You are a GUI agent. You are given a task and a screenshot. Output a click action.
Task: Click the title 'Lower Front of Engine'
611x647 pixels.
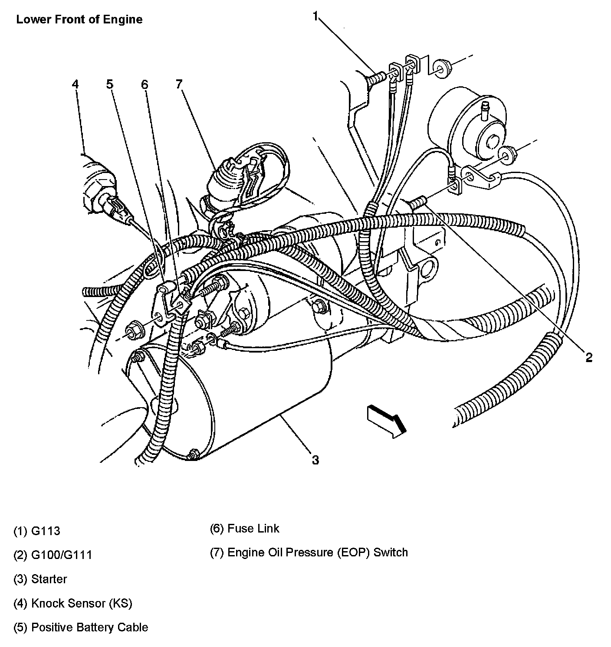tap(79, 20)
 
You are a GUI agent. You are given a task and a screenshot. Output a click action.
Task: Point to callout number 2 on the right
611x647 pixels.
tap(588, 357)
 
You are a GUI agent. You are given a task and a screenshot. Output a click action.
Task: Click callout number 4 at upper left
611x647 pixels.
tap(76, 84)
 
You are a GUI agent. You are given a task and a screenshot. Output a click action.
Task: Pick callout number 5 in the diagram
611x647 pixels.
tap(110, 84)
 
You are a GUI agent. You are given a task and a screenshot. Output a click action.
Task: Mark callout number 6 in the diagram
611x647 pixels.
tap(145, 84)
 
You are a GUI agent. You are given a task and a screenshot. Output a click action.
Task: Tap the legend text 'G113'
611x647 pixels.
tap(46, 531)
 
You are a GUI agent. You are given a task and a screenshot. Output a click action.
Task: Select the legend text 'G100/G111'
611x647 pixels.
tap(62, 555)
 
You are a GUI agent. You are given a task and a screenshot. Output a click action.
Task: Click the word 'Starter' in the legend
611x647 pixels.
tap(49, 579)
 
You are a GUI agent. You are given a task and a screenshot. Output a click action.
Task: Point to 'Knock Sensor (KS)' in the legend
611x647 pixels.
tap(82, 603)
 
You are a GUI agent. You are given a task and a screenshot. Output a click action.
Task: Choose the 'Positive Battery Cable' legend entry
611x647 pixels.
tap(89, 627)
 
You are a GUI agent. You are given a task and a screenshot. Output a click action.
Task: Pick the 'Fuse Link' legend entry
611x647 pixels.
tap(253, 528)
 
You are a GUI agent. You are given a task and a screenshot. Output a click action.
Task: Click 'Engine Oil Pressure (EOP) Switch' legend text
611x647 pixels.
tap(318, 552)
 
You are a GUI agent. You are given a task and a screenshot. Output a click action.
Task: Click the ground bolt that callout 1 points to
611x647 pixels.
tap(376, 79)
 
